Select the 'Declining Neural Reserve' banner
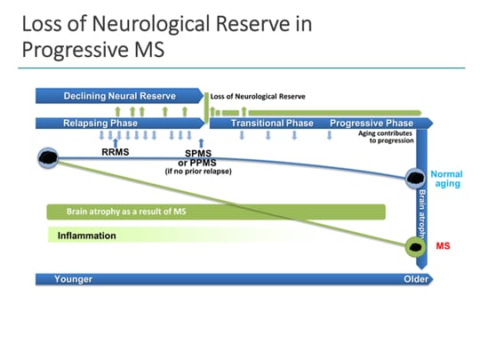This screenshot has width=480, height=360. coord(119,95)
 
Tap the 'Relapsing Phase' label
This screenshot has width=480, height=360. coord(100,123)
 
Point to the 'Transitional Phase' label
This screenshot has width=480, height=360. coord(272,123)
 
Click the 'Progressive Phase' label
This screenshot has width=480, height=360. coord(371,123)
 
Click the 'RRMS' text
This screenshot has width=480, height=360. coord(116,152)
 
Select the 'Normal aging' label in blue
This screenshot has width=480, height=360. coord(446,179)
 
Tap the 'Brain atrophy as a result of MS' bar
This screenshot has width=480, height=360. coord(133,212)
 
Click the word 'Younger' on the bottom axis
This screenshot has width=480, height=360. coord(74,279)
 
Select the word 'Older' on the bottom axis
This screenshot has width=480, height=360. coord(411,279)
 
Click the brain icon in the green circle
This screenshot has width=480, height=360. coord(415,246)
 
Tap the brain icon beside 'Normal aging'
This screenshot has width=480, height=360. coord(415,179)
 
